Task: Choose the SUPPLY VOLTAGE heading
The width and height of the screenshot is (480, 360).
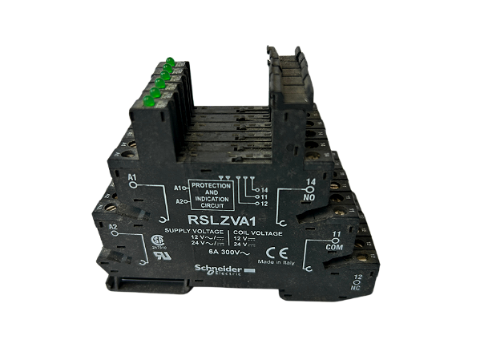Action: point(192,231)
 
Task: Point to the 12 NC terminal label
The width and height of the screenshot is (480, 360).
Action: point(357,281)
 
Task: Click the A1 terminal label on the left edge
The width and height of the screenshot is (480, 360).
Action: point(131,175)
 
